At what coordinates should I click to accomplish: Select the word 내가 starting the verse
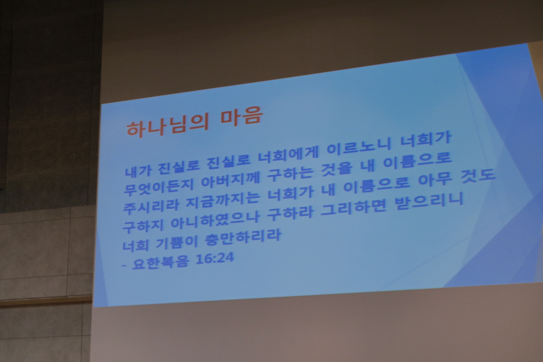pos(139,169)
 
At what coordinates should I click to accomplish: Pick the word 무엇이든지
pos(158,187)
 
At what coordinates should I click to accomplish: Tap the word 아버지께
pos(230,180)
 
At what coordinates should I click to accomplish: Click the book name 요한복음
pos(160,261)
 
